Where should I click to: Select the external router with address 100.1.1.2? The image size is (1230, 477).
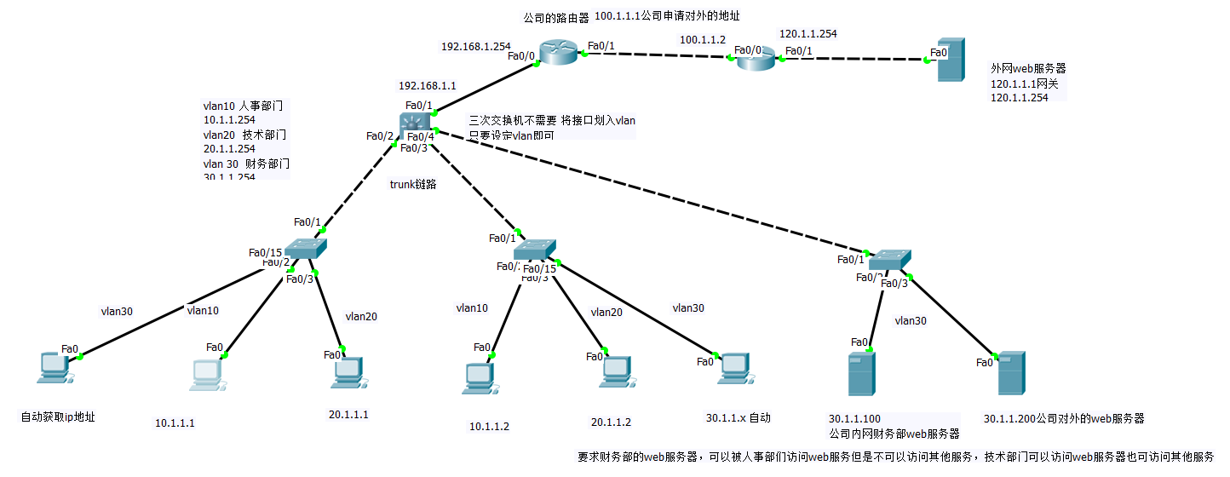point(756,59)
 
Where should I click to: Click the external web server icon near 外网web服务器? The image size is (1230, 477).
point(951,60)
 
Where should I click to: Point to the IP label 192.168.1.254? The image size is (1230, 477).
point(475,47)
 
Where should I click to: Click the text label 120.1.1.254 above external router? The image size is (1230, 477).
point(808,34)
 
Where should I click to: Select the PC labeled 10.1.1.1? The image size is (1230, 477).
point(206,376)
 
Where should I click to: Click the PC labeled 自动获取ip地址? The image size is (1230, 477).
point(55,367)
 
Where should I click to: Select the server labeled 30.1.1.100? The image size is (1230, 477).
point(861,374)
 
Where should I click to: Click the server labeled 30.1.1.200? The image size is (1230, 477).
point(1011,372)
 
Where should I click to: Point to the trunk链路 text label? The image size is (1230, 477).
point(413,184)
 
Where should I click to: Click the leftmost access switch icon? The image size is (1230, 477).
point(305,248)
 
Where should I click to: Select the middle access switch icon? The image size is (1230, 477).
point(535,249)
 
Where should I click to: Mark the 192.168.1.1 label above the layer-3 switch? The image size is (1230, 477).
point(428,86)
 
